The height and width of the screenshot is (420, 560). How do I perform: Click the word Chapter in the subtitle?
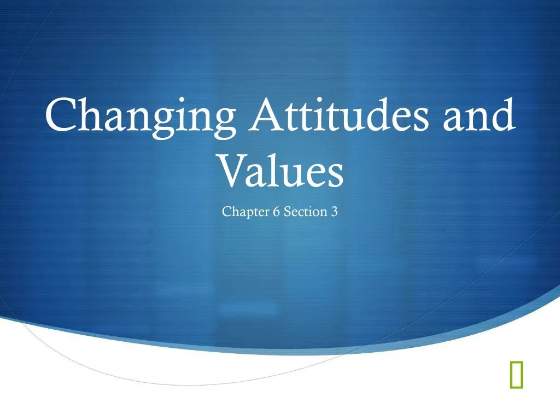tap(246, 212)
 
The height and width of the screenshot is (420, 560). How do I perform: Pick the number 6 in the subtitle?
tap(276, 212)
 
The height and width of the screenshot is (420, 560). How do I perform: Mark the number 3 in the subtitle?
tap(334, 212)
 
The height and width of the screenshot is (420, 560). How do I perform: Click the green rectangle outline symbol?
tap(515, 375)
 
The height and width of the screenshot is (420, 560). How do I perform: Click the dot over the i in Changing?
tap(188, 100)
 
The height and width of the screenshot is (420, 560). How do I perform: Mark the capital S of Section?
tap(287, 212)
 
